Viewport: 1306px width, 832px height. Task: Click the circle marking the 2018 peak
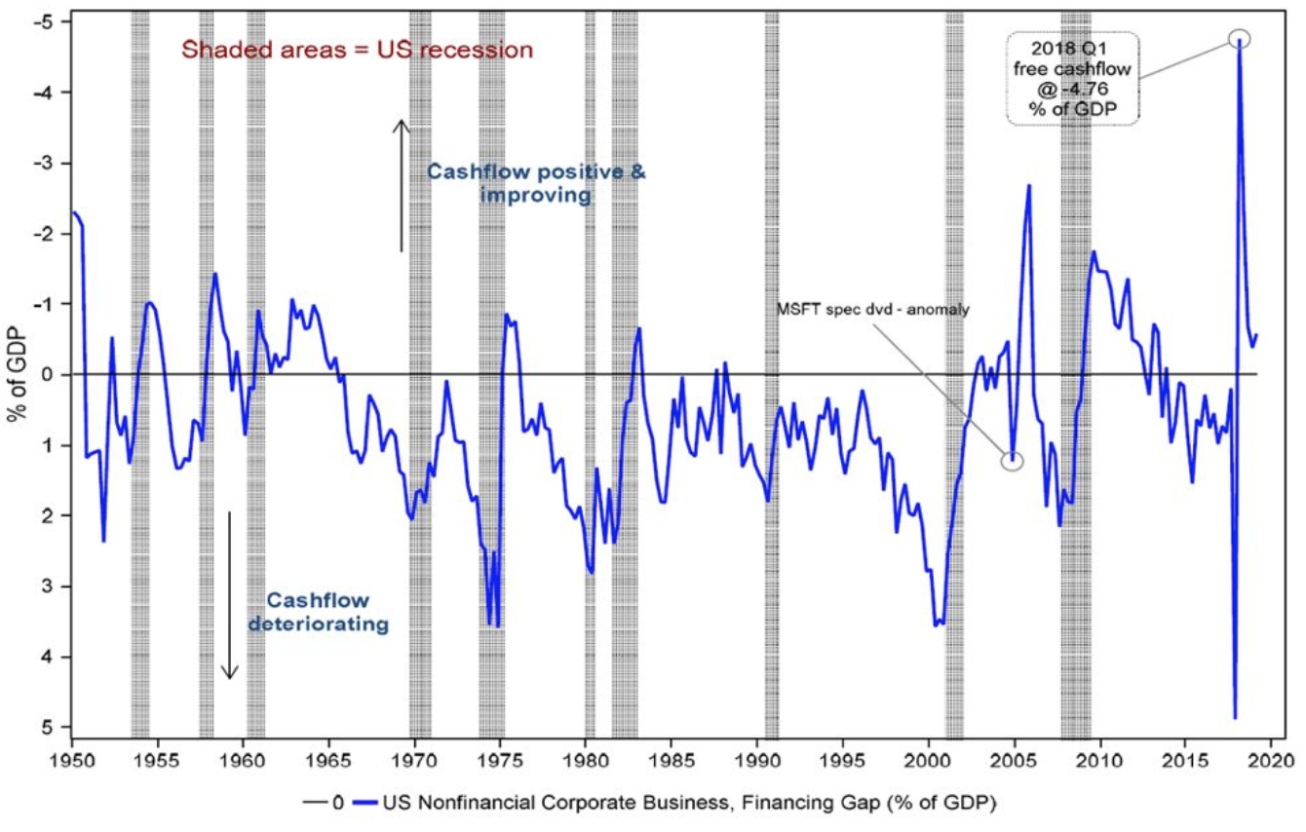[x=1239, y=39]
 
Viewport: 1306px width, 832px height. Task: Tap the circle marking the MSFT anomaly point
[x=1013, y=461]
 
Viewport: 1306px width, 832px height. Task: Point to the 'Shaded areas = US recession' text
[x=358, y=50]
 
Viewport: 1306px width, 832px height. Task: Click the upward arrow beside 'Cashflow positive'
[x=400, y=185]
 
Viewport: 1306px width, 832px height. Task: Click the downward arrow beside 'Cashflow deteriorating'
[x=229, y=594]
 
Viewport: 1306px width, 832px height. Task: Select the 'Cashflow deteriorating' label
[x=318, y=611]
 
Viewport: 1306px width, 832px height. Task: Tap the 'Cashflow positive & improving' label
[x=536, y=183]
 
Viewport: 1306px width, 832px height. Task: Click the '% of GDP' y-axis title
[x=17, y=375]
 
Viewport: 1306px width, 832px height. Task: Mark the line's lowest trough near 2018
[x=1234, y=718]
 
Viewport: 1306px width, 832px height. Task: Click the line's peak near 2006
[x=1029, y=186]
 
